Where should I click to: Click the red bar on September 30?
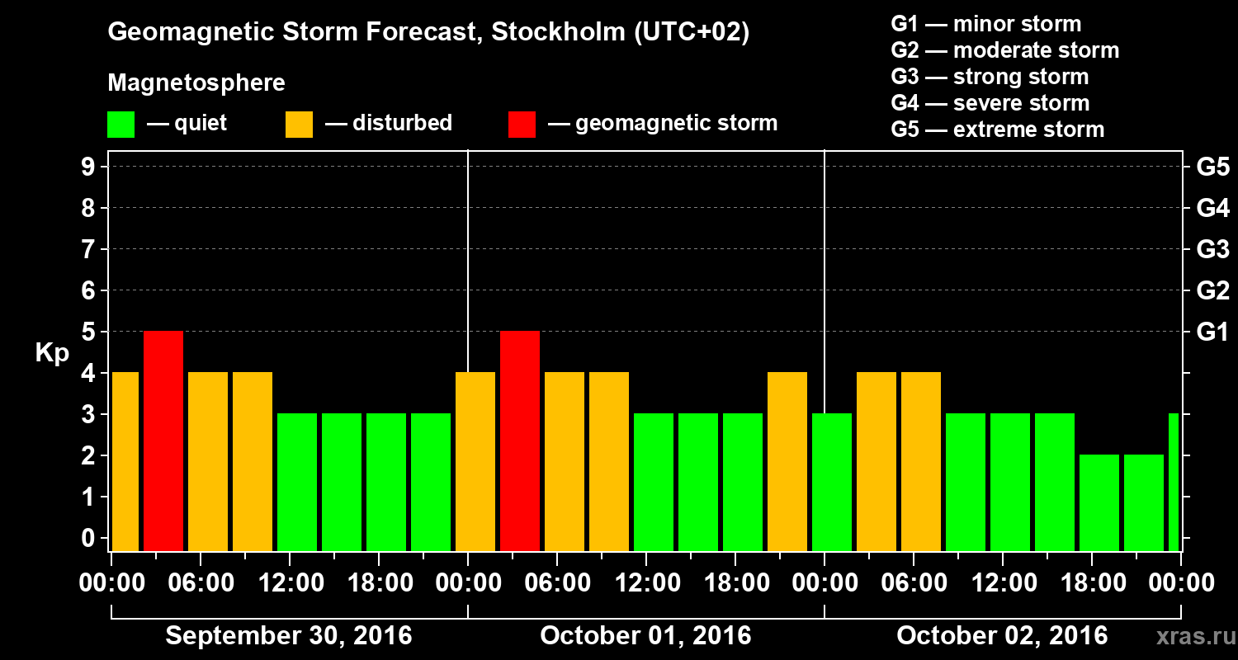coord(163,441)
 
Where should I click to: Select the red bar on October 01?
coord(520,441)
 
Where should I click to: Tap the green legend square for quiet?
coord(120,124)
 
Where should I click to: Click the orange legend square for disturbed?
coord(299,124)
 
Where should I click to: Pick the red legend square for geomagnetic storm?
coord(522,124)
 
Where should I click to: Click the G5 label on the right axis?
coord(1212,167)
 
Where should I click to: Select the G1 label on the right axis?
coord(1212,332)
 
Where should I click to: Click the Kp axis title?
coord(52,353)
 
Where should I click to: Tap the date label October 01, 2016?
coord(645,636)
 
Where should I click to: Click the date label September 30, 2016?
coord(289,636)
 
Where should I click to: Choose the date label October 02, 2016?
coord(1002,636)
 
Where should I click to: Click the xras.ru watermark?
coord(1189,636)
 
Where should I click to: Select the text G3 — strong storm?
coord(990,77)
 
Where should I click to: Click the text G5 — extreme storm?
coord(997,130)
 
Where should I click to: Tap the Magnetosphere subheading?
coord(196,83)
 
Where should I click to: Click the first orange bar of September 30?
coord(125,461)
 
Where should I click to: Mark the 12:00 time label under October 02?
coord(1002,583)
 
